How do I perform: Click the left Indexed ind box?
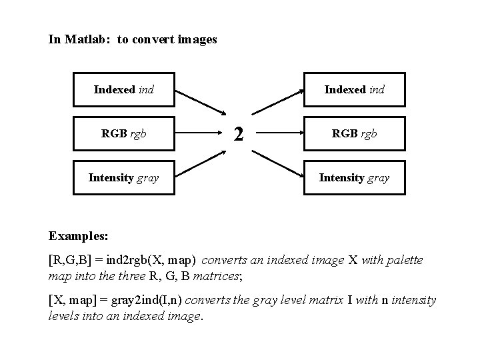coord(123,89)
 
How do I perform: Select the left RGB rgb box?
coord(123,133)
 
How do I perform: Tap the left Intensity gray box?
coord(123,177)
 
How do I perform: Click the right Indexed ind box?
coord(354,89)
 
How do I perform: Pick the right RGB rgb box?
coord(354,133)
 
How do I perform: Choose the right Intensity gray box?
coord(354,177)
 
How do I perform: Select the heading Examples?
coord(79,236)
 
